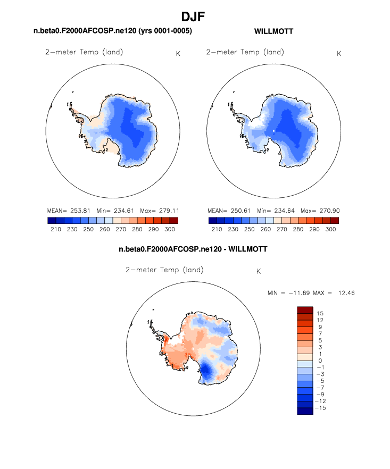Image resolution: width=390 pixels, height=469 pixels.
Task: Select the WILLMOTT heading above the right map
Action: click(x=274, y=32)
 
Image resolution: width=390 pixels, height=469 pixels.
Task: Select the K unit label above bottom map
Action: click(x=259, y=271)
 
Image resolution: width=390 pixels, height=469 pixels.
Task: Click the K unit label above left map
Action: click(x=178, y=53)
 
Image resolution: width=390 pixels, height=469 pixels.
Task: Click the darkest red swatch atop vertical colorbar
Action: click(x=305, y=310)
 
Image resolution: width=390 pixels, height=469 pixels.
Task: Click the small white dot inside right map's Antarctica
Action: click(x=274, y=130)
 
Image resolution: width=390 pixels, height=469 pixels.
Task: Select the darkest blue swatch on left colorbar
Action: click(x=52, y=220)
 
